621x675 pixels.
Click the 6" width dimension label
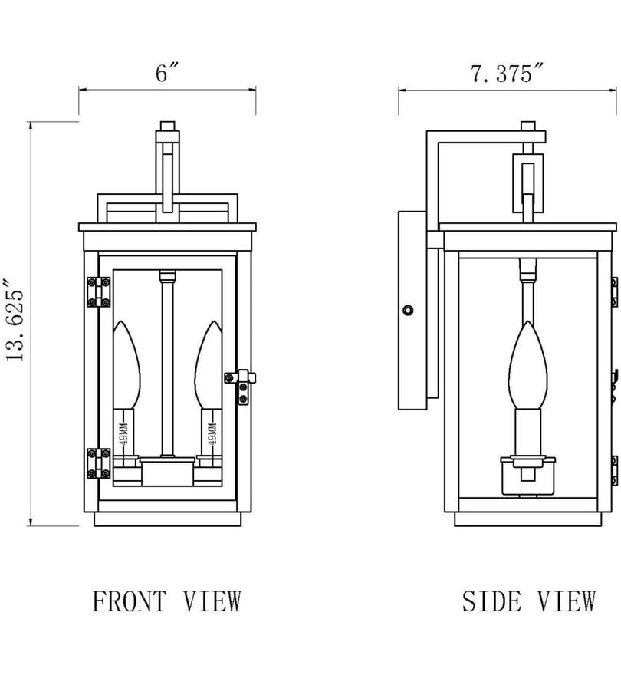tap(166, 72)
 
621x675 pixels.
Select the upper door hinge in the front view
tap(99, 292)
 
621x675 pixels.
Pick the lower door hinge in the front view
tap(99, 463)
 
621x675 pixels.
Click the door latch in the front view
tap(241, 386)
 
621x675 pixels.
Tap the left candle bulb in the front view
tap(126, 365)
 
